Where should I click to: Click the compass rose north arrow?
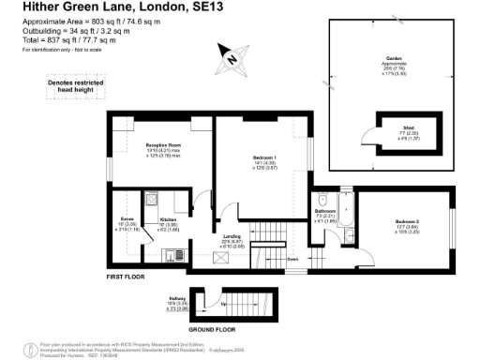pyautogui.click(x=228, y=58)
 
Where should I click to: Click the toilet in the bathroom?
pyautogui.click(x=322, y=200)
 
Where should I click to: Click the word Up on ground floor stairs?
pyautogui.click(x=222, y=305)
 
